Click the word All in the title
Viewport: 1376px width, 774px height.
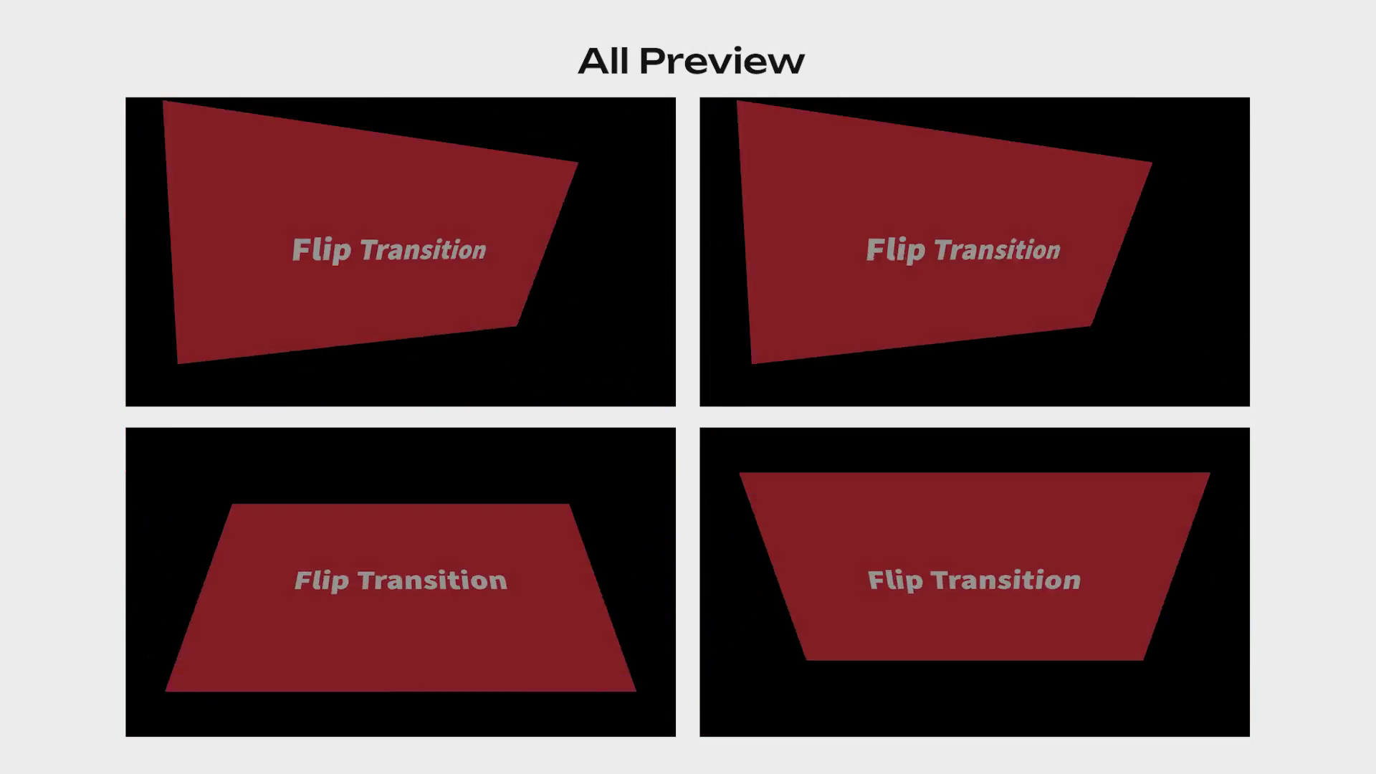(x=603, y=61)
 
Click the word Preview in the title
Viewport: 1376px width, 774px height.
(x=722, y=61)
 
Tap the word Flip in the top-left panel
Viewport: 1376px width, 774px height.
(x=322, y=250)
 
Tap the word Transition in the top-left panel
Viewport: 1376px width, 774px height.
(x=423, y=250)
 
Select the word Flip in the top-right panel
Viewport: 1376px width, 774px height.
(x=896, y=250)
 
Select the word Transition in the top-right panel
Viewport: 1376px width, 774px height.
(x=997, y=250)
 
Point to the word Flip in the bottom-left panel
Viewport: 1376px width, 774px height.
(x=322, y=580)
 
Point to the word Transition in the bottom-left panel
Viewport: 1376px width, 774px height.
(x=432, y=580)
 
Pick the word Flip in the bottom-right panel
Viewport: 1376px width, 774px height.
(x=895, y=580)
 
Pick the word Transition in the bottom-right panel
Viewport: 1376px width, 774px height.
(x=1005, y=580)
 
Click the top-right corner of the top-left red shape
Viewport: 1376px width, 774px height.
(x=578, y=163)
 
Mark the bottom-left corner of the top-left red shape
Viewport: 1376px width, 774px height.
(x=178, y=363)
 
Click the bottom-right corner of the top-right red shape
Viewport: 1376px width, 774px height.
(x=1091, y=326)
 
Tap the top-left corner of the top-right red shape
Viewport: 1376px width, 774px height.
(x=737, y=101)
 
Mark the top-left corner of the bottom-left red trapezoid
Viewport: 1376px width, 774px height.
(x=233, y=505)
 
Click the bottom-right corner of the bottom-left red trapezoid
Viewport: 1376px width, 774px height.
(x=636, y=692)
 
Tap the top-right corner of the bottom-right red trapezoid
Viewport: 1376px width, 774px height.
(x=1210, y=473)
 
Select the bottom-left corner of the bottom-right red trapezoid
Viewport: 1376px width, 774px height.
(x=807, y=660)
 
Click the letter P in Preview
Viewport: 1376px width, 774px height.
(x=652, y=61)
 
